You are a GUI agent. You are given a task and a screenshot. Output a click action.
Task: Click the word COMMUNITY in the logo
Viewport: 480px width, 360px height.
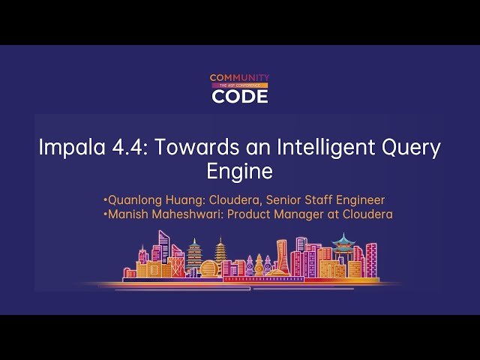click(x=239, y=77)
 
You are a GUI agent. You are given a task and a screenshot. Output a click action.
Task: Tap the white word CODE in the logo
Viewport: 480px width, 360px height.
click(x=239, y=96)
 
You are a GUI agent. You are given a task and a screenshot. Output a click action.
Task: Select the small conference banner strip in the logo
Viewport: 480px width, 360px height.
click(x=239, y=86)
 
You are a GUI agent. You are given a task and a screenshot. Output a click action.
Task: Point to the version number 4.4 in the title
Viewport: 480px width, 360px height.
click(x=126, y=148)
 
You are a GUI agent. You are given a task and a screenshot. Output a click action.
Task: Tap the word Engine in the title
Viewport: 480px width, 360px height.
click(x=238, y=172)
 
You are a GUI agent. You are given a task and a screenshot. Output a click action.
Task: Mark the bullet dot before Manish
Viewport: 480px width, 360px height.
click(x=106, y=214)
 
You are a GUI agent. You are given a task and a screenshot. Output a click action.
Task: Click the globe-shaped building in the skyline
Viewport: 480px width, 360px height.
click(x=208, y=268)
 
